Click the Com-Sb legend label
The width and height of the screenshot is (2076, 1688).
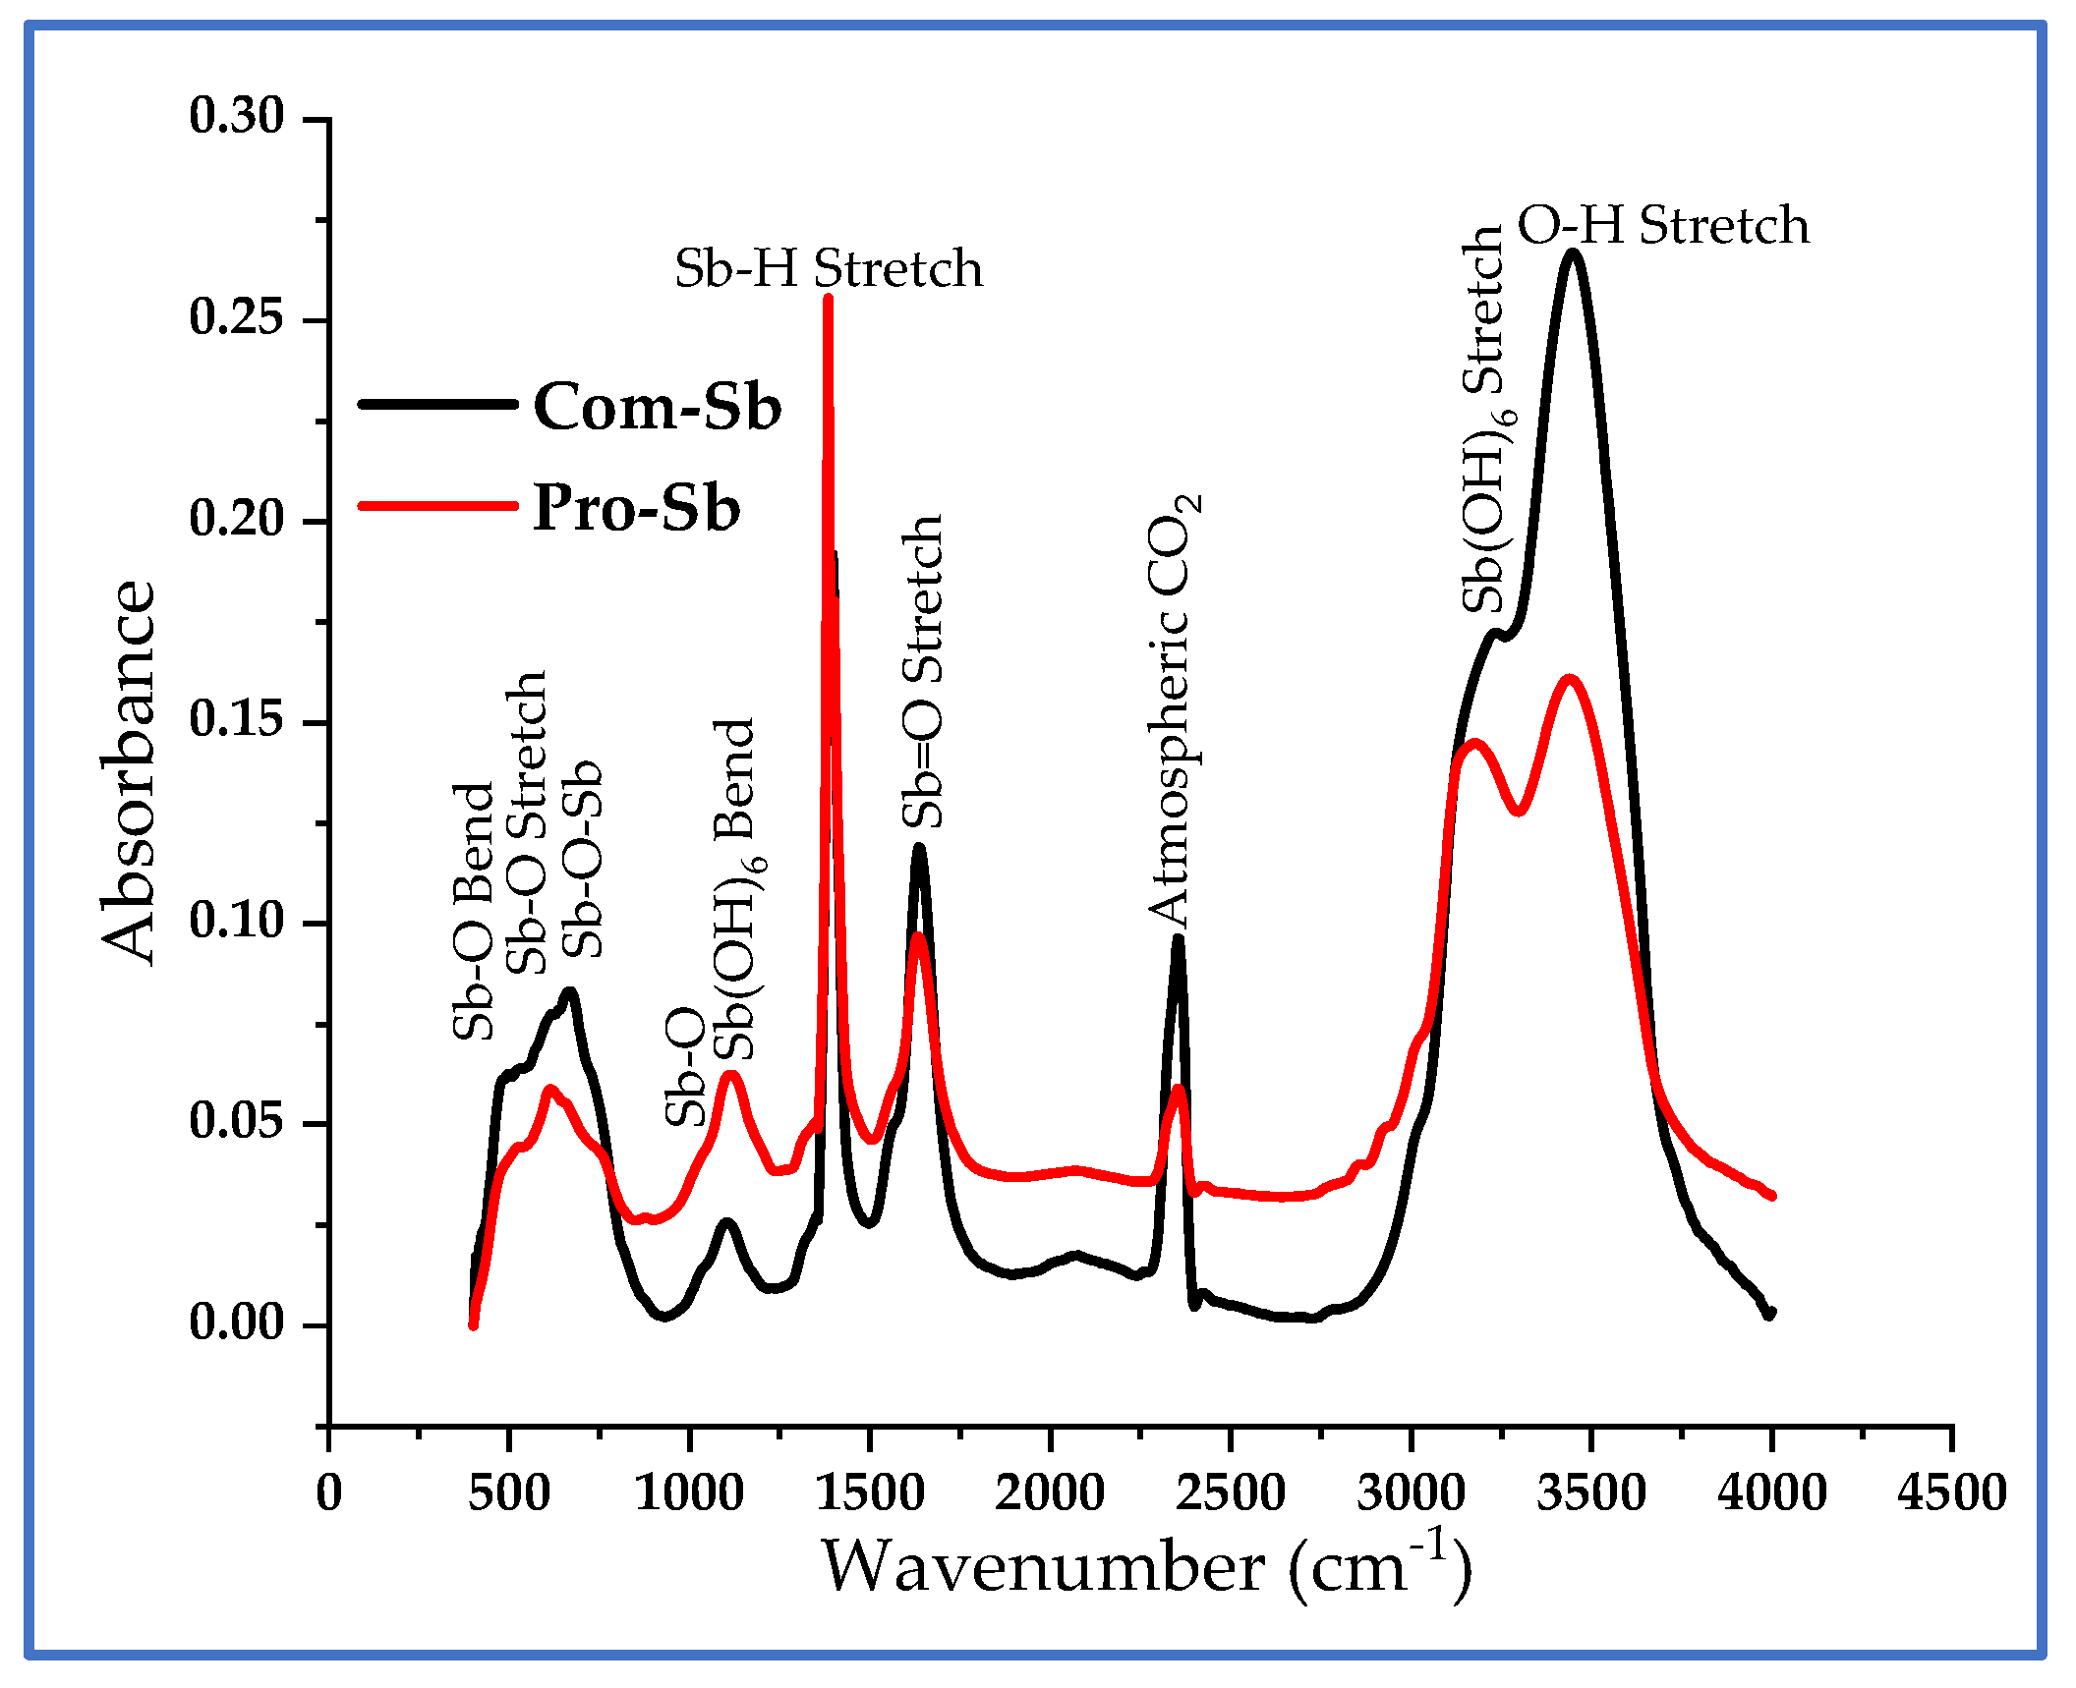point(657,407)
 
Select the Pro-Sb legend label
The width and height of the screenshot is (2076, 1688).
point(636,508)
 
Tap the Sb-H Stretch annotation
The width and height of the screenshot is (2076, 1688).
point(828,268)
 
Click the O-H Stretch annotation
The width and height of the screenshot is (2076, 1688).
point(1662,225)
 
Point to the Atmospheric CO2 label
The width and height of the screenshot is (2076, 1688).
point(1173,709)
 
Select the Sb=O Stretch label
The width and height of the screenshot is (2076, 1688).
point(923,671)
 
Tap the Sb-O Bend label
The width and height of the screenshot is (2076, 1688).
point(473,912)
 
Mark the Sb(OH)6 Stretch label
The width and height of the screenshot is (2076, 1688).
point(1486,420)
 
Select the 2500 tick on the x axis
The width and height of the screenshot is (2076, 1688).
point(1231,1492)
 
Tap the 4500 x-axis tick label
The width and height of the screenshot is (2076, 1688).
point(1951,1492)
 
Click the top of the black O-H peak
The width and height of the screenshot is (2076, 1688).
point(1573,253)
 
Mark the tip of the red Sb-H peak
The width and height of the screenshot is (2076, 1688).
point(828,297)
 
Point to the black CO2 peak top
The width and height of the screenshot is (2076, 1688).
point(1178,938)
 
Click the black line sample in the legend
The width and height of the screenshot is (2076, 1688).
point(437,404)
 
